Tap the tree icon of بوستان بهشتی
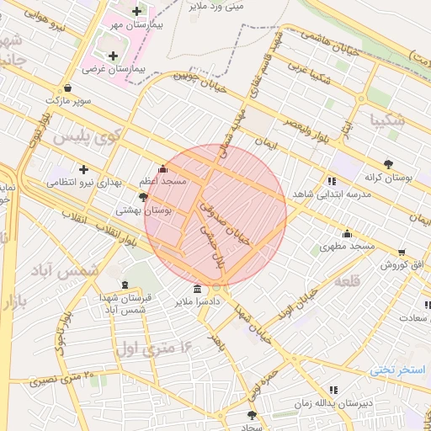(143, 197)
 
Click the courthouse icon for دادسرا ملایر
(198, 289)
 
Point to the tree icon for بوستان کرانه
(388, 164)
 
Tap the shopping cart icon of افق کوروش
(402, 252)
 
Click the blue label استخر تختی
(402, 370)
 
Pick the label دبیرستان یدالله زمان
(334, 403)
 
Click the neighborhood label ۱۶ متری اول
(157, 345)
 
